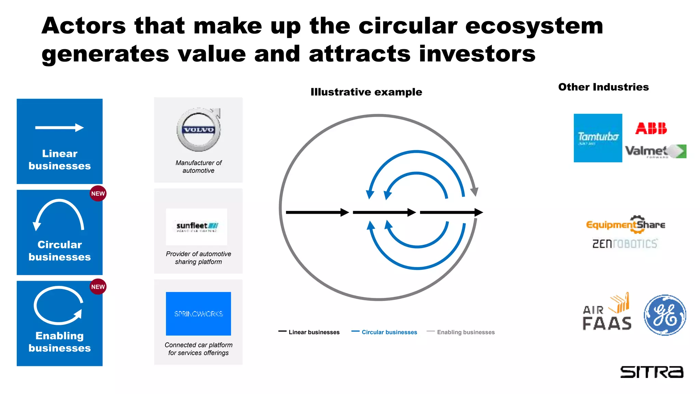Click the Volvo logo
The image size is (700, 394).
[199, 130]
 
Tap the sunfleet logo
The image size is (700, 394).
[197, 226]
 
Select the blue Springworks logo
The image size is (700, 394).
[198, 314]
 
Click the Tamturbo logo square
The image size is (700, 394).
[598, 138]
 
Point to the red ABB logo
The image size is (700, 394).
[651, 128]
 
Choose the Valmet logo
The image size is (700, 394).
[655, 151]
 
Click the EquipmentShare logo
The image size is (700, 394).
[625, 225]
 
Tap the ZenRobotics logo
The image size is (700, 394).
[624, 244]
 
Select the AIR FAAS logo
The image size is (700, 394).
[607, 313]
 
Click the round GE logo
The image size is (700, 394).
[665, 315]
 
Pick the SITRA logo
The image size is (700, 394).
[651, 372]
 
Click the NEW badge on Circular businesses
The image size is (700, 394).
[98, 194]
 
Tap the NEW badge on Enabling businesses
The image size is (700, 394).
[98, 287]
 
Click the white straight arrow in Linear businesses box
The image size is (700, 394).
[59, 128]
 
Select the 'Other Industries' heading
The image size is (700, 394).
[603, 87]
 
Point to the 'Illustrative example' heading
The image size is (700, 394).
[366, 92]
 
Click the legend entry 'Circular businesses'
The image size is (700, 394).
[389, 332]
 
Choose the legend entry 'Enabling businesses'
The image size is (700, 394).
[466, 332]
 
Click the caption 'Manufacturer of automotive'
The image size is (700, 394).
[199, 167]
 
